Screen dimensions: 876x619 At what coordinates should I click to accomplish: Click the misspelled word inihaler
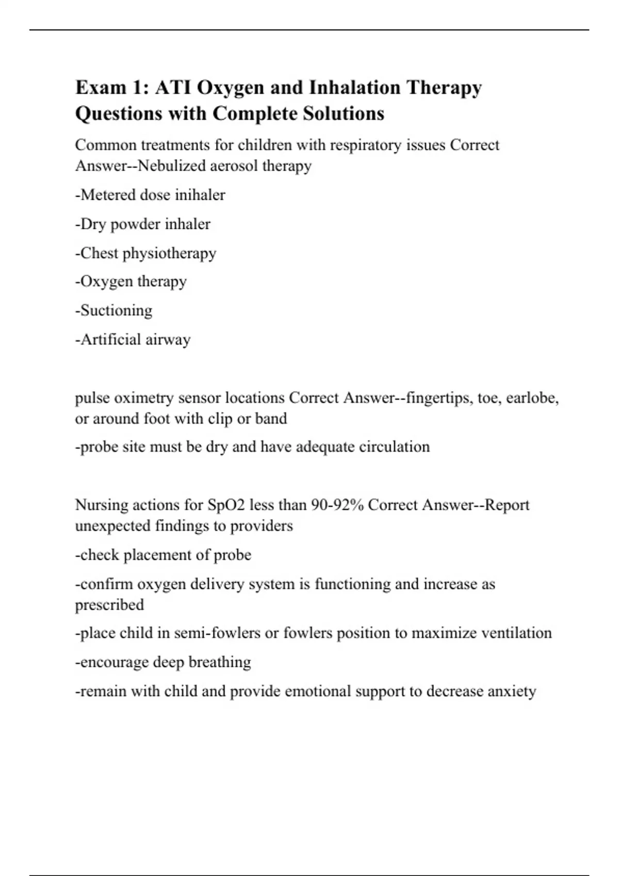point(200,195)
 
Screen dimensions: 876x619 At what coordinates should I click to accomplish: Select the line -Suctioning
point(114,310)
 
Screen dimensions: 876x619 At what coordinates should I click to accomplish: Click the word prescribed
point(109,604)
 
